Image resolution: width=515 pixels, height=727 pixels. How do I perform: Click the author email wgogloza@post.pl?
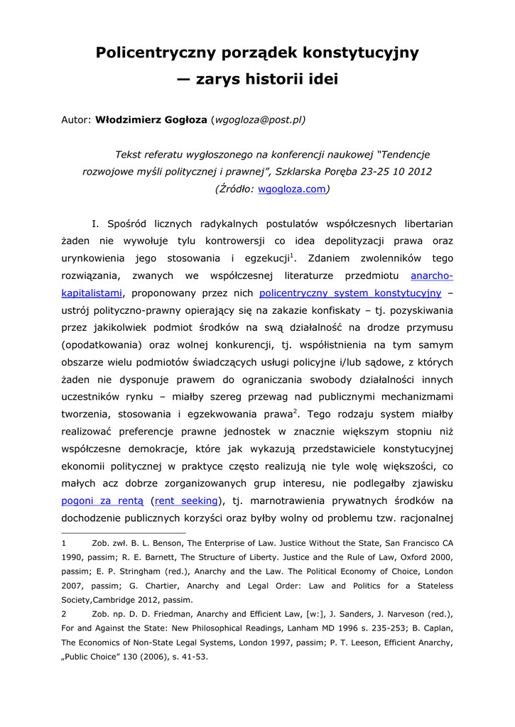pyautogui.click(x=259, y=119)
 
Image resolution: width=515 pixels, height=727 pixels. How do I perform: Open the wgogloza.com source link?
pyautogui.click(x=282, y=189)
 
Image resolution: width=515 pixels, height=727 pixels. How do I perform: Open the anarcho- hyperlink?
pyautogui.click(x=432, y=275)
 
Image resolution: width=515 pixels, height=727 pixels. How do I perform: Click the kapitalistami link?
pyautogui.click(x=92, y=293)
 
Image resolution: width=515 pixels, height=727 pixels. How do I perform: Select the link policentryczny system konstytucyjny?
pyautogui.click(x=350, y=293)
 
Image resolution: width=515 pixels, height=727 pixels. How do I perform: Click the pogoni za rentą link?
pyautogui.click(x=92, y=501)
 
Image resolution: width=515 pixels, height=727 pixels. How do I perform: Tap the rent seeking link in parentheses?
pyautogui.click(x=186, y=501)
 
